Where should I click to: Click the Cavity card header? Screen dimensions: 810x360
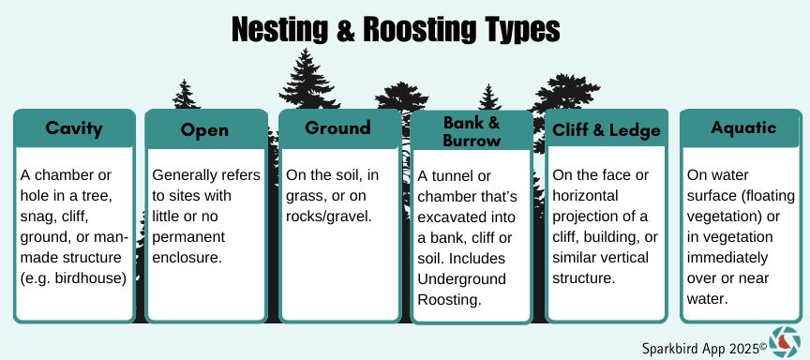coord(74,128)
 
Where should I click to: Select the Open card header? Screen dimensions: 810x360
coord(205,129)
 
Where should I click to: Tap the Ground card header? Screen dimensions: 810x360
coord(338,128)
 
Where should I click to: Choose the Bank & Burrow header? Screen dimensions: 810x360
coord(472,131)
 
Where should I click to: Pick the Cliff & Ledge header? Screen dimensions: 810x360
coord(607,129)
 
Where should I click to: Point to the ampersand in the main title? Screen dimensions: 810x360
coord(345,30)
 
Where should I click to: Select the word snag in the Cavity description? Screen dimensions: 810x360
coord(36,217)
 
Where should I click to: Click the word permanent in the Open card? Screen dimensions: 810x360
coord(188,237)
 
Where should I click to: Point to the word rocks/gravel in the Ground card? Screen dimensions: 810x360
coord(329,217)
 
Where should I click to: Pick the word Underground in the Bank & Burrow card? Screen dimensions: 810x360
coord(462,279)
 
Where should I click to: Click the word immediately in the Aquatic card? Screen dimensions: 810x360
coord(727,258)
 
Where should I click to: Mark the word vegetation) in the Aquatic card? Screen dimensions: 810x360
coord(726,217)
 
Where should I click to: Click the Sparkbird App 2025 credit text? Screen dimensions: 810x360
coord(705,348)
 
